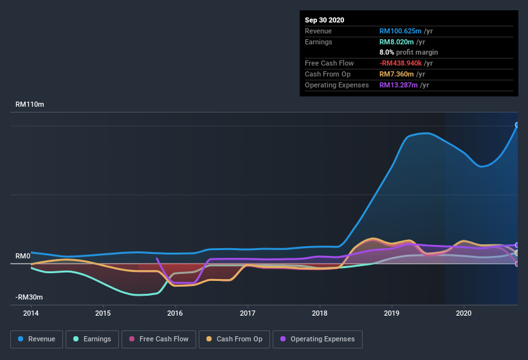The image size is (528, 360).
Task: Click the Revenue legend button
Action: pos(37,339)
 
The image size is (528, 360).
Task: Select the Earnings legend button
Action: pos(92,339)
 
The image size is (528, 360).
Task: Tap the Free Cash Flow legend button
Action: pos(159,339)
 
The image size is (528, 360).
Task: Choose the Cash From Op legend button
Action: pos(234,339)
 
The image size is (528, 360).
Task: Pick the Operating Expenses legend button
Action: pos(317,339)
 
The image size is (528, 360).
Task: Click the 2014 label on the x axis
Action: pos(31,313)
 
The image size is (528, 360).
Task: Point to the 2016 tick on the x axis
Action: pos(175,313)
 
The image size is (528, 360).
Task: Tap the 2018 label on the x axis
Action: pos(320,313)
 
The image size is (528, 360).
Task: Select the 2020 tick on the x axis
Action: pos(464,313)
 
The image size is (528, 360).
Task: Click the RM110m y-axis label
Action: pos(30,104)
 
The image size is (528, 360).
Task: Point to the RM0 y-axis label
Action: pos(23,256)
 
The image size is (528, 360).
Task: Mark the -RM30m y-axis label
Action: pos(29,297)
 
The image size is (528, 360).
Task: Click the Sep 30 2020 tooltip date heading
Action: pos(324,20)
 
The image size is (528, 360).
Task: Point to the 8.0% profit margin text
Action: pos(408,52)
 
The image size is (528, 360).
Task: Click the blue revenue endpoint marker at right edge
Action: pos(517,125)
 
